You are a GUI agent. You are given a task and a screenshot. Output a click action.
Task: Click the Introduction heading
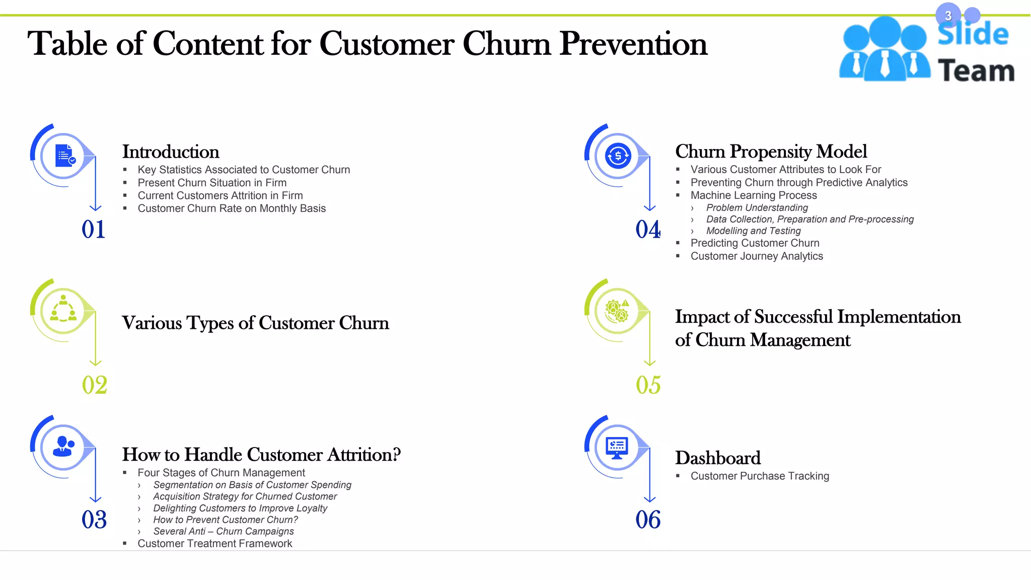point(171,152)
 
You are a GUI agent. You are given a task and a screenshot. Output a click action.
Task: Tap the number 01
point(93,230)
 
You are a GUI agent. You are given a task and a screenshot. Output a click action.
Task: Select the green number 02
point(94,385)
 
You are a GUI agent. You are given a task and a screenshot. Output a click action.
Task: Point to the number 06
point(648,520)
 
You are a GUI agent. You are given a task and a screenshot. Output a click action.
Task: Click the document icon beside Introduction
point(64,156)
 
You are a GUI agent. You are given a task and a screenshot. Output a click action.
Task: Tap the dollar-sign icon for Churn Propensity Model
point(618,156)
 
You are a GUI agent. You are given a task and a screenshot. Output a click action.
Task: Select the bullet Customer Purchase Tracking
point(760,476)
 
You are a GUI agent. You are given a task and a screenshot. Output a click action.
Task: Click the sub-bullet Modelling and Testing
point(753,231)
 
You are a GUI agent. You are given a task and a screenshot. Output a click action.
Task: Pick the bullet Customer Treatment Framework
point(214,544)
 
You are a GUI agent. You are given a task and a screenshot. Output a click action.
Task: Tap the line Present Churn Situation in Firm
point(212,183)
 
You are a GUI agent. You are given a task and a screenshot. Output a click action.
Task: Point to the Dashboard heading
point(717,458)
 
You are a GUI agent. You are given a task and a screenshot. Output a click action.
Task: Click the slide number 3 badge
point(948,16)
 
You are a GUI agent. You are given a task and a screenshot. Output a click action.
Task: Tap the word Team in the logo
point(976,71)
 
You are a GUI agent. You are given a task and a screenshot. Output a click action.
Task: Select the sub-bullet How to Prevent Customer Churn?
point(226,520)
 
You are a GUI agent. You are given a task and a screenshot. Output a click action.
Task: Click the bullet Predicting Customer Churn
point(755,243)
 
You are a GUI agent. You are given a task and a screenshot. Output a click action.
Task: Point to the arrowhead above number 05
point(650,362)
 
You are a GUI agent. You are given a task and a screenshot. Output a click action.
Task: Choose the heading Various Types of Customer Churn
point(255,323)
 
